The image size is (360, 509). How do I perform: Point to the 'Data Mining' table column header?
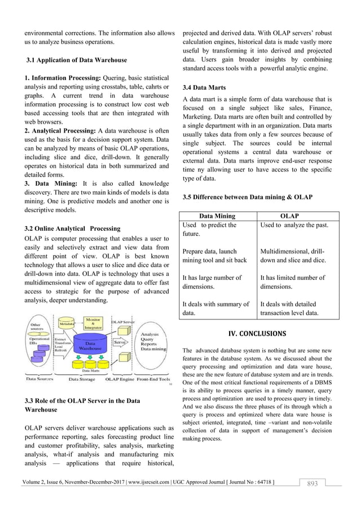(217, 216)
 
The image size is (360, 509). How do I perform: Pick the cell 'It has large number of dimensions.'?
(213, 282)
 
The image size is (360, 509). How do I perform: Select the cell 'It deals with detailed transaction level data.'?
(289, 308)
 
